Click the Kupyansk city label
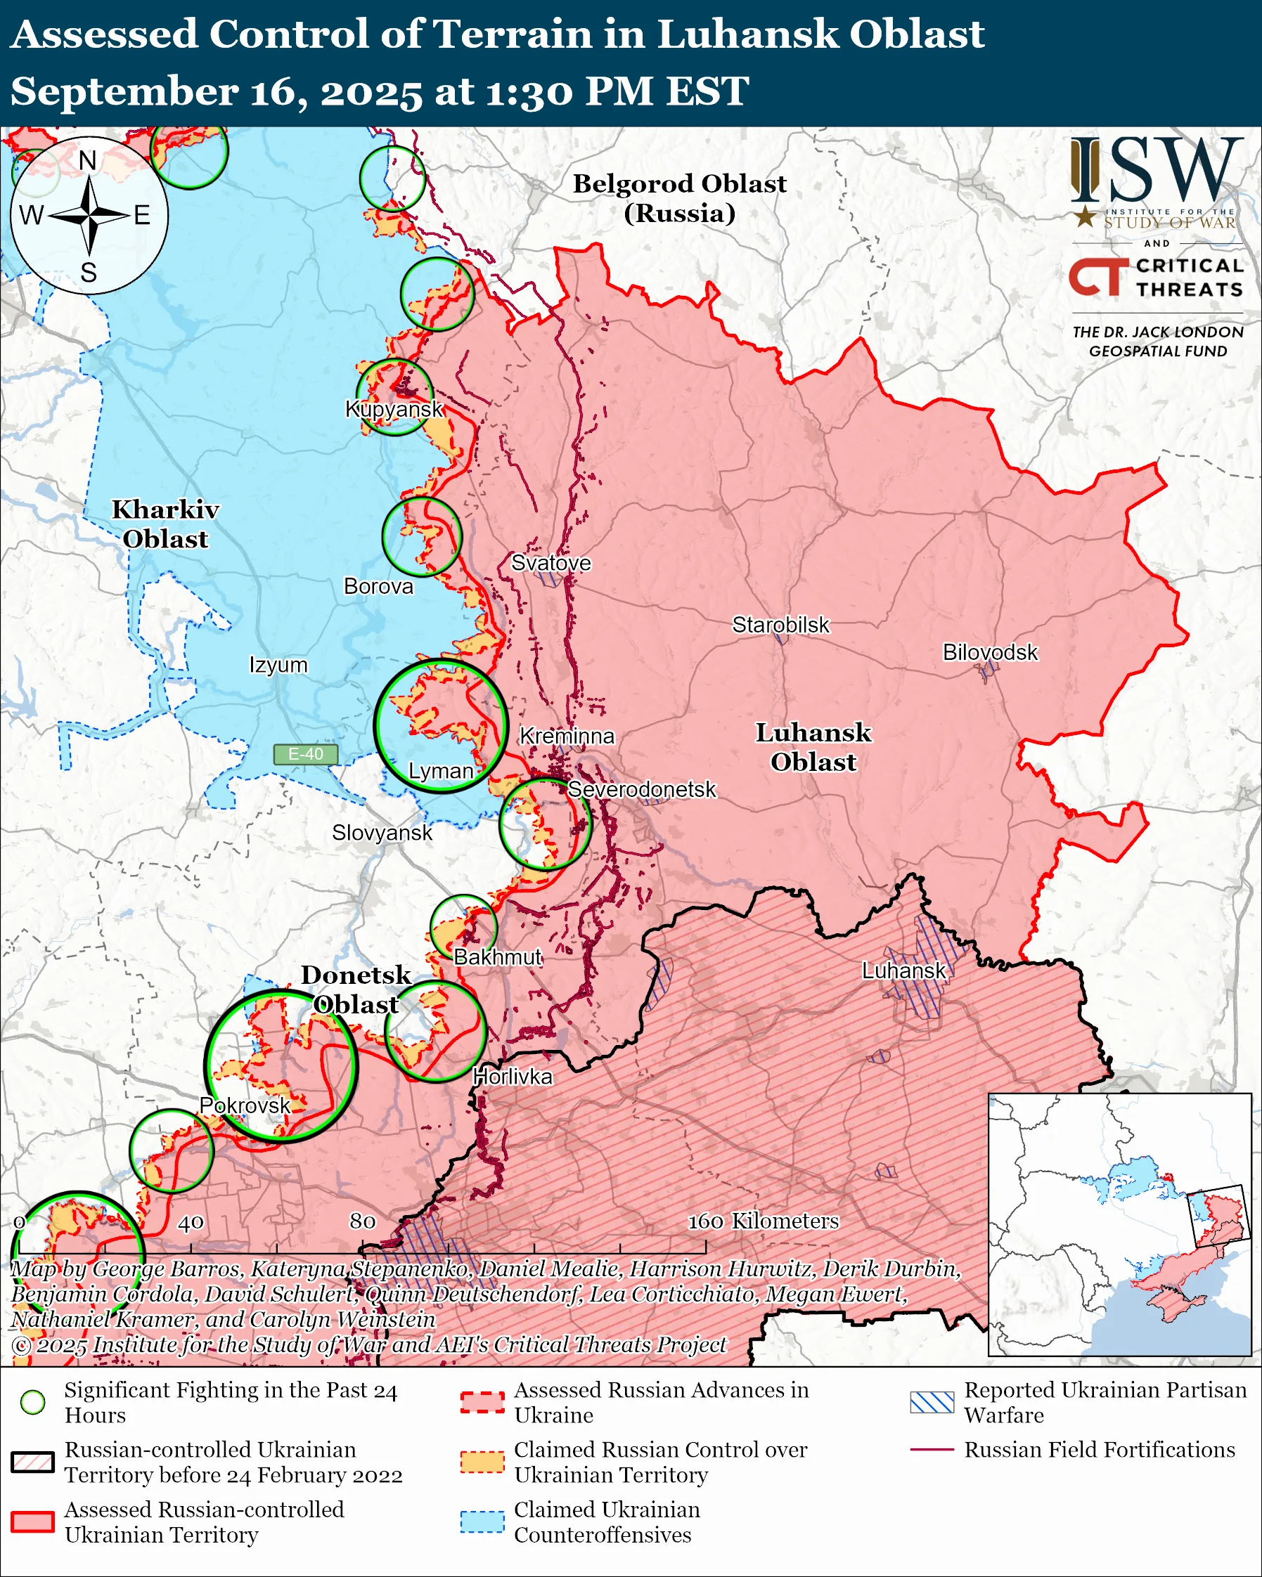click(x=394, y=409)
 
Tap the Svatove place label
click(x=551, y=562)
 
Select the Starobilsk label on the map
click(x=780, y=625)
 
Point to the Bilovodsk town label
click(x=990, y=651)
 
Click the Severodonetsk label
click(x=642, y=789)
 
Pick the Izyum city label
click(x=278, y=665)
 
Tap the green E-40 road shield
click(x=306, y=754)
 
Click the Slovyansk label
click(x=382, y=832)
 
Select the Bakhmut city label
click(x=498, y=956)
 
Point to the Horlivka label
click(x=512, y=1077)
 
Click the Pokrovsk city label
click(x=245, y=1105)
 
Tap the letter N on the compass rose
click(x=88, y=160)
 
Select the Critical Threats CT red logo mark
click(x=1098, y=276)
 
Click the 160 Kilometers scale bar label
click(x=763, y=1221)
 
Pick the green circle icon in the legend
click(x=33, y=1402)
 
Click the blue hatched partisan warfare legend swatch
click(x=932, y=1402)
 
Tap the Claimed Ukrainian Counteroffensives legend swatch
click(x=482, y=1522)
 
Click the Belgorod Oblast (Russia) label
click(x=679, y=197)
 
